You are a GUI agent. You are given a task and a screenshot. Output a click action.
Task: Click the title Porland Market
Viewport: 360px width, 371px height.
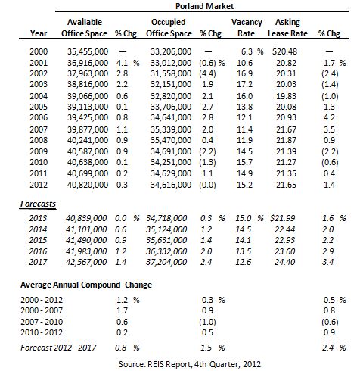(x=204, y=6)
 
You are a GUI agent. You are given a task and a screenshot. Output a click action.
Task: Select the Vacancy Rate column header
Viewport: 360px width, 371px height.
(x=247, y=27)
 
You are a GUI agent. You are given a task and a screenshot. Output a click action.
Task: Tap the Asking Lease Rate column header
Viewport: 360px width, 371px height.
(x=287, y=27)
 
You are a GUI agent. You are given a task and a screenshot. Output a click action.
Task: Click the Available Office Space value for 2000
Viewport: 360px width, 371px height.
(x=88, y=51)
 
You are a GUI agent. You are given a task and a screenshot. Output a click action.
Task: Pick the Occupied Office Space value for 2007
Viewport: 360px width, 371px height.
(x=171, y=129)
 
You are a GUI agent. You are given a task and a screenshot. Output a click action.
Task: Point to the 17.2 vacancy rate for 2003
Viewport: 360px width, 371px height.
(x=244, y=84)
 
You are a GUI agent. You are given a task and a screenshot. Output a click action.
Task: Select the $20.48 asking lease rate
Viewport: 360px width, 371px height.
(x=284, y=51)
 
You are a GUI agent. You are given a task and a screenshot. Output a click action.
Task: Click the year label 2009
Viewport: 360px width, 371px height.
(x=39, y=151)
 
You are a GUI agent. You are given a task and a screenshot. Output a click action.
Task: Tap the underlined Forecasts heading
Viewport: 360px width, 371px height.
(x=38, y=204)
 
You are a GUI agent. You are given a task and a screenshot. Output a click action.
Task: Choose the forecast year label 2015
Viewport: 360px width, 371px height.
(x=38, y=240)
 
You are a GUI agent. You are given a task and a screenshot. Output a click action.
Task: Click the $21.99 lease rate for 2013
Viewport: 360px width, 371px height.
(x=282, y=218)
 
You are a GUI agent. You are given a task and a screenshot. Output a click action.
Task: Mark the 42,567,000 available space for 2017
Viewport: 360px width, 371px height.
(x=86, y=262)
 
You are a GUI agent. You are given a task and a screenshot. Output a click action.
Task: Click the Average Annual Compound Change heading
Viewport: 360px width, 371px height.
(x=86, y=285)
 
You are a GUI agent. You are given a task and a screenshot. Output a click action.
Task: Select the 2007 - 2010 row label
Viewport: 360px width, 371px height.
(x=42, y=322)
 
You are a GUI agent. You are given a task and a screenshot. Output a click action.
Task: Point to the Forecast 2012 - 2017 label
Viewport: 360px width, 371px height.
(x=58, y=348)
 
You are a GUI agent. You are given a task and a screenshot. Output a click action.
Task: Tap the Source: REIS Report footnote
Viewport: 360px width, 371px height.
(x=190, y=364)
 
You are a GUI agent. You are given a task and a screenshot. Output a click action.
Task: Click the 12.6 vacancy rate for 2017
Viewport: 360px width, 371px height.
(x=244, y=262)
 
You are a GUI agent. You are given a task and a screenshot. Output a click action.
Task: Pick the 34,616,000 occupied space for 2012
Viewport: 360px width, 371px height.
(x=171, y=185)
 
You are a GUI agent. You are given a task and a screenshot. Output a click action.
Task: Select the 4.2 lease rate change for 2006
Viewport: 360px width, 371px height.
(x=329, y=117)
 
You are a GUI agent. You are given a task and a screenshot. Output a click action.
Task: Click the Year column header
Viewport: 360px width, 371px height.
(x=39, y=33)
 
